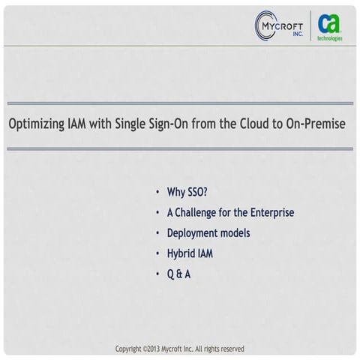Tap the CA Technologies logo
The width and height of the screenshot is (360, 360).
coord(328,27)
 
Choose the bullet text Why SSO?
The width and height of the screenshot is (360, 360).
coord(187,192)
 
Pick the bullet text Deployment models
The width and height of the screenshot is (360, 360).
coord(208,233)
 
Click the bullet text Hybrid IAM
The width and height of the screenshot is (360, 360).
coord(190,253)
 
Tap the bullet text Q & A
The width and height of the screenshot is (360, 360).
coord(178,274)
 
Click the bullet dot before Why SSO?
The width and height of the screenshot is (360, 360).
coord(157,193)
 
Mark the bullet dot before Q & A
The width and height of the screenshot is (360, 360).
coord(157,274)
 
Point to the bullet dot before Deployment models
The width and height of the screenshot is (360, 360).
coord(157,234)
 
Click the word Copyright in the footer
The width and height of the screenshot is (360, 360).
coord(128,349)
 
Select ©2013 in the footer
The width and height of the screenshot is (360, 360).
coord(152,349)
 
